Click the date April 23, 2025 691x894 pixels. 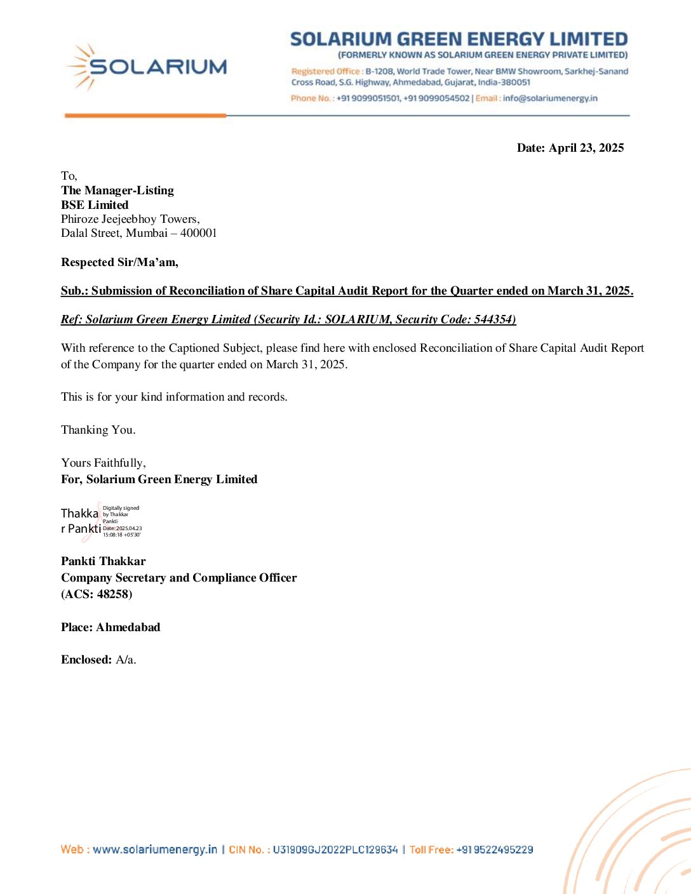coord(586,148)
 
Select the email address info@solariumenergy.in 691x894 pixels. coord(550,98)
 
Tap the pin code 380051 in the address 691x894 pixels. coord(515,83)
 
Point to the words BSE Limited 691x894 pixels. coord(95,205)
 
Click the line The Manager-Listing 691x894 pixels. coord(117,190)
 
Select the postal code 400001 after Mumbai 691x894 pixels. coord(198,233)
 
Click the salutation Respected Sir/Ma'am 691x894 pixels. coord(119,262)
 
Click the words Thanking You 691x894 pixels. coord(98,430)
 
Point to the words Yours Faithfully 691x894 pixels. coord(104,463)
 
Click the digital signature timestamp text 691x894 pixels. coord(122,531)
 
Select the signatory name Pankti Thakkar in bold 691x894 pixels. coord(104,561)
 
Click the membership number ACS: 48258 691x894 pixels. coord(97,594)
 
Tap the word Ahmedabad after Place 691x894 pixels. coord(128,627)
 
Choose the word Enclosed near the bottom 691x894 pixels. coord(86,660)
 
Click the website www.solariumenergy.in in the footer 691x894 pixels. coord(155,850)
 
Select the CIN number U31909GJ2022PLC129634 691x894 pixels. coord(335,850)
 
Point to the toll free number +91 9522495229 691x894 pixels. coord(495,850)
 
